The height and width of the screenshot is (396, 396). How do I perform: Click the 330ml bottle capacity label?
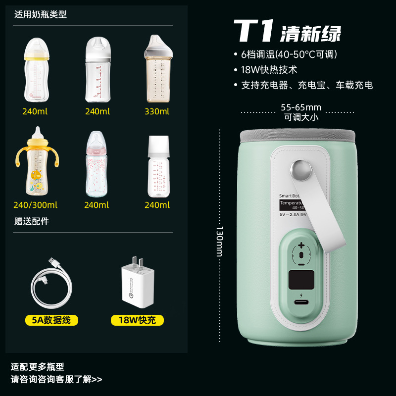click(x=156, y=111)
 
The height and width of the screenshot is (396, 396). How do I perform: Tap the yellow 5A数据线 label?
click(x=52, y=320)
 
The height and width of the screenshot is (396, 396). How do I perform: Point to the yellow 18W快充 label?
click(x=137, y=320)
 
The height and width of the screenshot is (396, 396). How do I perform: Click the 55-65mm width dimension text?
click(x=301, y=107)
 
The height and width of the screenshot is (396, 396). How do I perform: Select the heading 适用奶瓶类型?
click(x=41, y=14)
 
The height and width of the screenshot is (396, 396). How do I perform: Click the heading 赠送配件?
click(x=32, y=221)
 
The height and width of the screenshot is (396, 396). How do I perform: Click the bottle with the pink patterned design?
click(x=97, y=165)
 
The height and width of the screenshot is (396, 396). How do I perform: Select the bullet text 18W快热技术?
click(x=269, y=70)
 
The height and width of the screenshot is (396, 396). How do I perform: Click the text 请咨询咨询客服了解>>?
click(x=56, y=379)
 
